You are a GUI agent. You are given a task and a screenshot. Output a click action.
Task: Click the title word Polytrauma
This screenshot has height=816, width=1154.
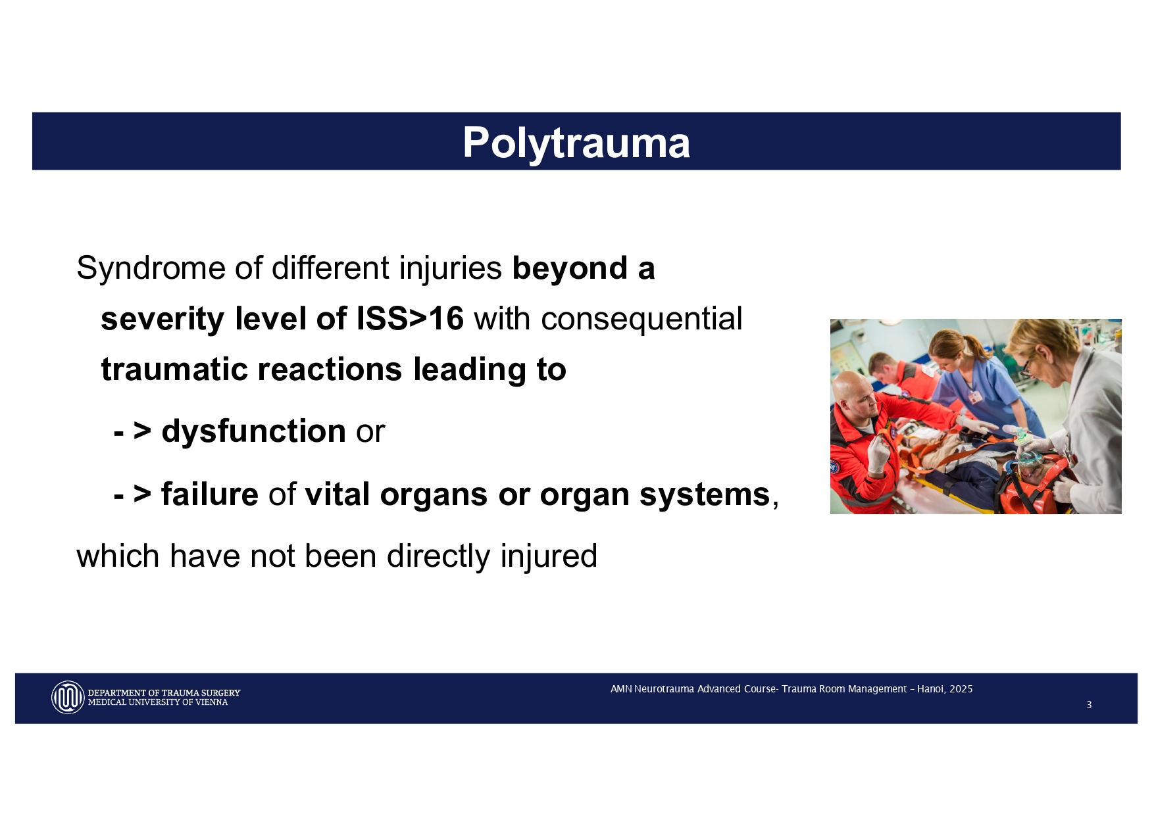point(576,142)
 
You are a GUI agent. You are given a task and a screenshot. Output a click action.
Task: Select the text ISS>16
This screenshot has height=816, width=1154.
point(410,319)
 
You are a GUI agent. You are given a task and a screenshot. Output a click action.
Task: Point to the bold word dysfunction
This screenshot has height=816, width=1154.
point(253,431)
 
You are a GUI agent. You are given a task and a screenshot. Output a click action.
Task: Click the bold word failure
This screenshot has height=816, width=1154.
point(209,494)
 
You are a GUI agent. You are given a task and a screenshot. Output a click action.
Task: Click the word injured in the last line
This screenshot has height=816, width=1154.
point(548,556)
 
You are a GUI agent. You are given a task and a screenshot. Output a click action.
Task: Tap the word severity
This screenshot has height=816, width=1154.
point(162,319)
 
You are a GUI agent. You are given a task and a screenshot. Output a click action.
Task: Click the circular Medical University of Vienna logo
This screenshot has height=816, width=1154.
point(68,697)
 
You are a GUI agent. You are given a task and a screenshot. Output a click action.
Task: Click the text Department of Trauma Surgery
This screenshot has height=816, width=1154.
point(164,692)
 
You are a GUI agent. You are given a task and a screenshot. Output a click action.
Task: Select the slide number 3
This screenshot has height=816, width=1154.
point(1089,705)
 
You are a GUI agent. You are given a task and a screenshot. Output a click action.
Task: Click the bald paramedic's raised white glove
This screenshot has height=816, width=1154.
point(878,454)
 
